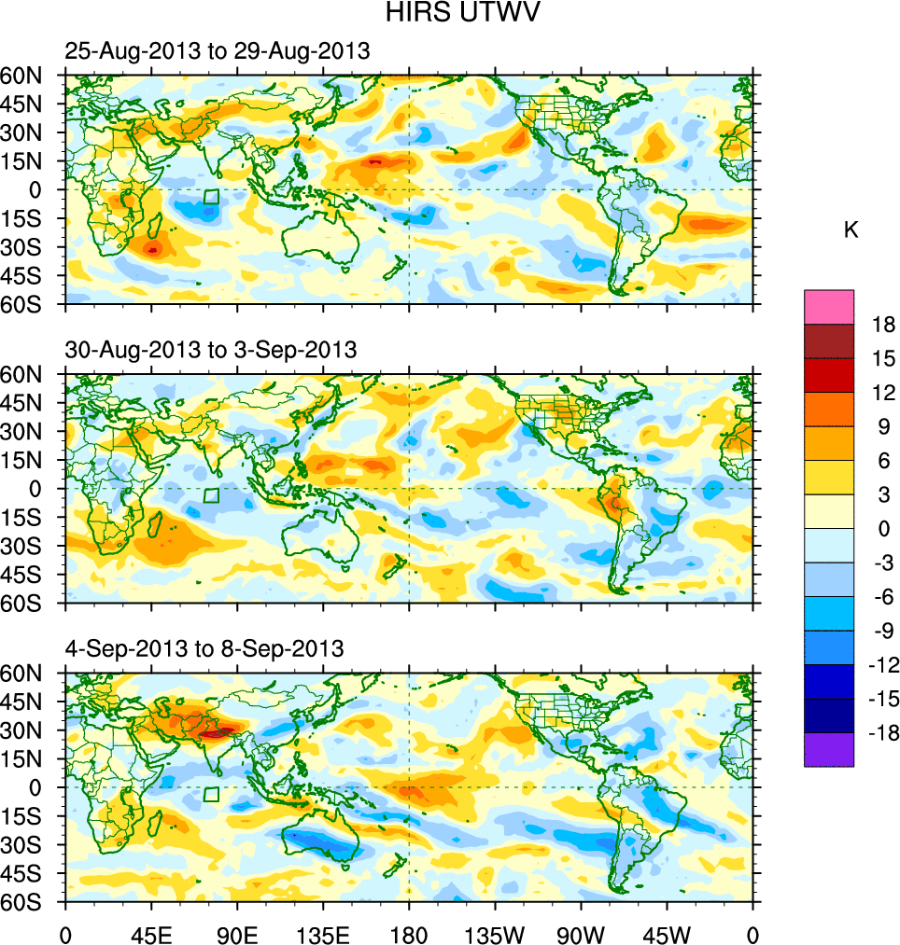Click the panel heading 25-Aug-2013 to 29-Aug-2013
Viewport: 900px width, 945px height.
click(218, 52)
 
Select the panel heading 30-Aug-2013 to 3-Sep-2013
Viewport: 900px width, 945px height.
click(211, 351)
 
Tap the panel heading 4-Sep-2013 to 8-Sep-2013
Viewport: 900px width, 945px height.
click(204, 647)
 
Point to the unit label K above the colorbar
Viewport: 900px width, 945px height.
click(851, 229)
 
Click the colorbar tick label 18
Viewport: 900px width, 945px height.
click(883, 325)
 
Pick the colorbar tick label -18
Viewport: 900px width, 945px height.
click(883, 733)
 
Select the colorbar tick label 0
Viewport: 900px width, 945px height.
click(883, 529)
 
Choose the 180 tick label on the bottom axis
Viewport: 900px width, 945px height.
click(409, 933)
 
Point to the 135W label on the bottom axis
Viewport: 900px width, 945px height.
click(495, 933)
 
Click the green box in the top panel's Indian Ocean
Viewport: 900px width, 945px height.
click(211, 197)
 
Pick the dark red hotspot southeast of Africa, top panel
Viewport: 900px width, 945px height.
click(152, 247)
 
